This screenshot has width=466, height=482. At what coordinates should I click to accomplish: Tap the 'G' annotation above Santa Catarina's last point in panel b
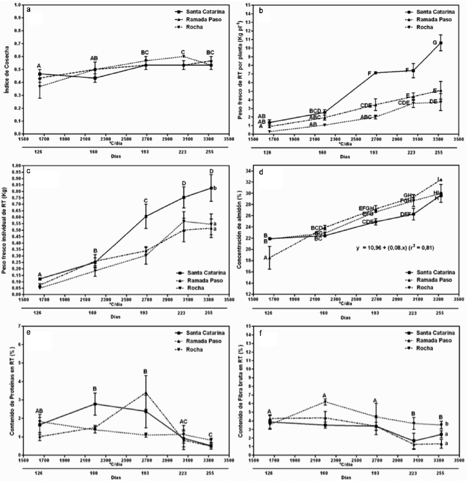coord(435,42)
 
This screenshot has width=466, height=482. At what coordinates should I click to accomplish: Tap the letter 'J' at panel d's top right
coord(438,179)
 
